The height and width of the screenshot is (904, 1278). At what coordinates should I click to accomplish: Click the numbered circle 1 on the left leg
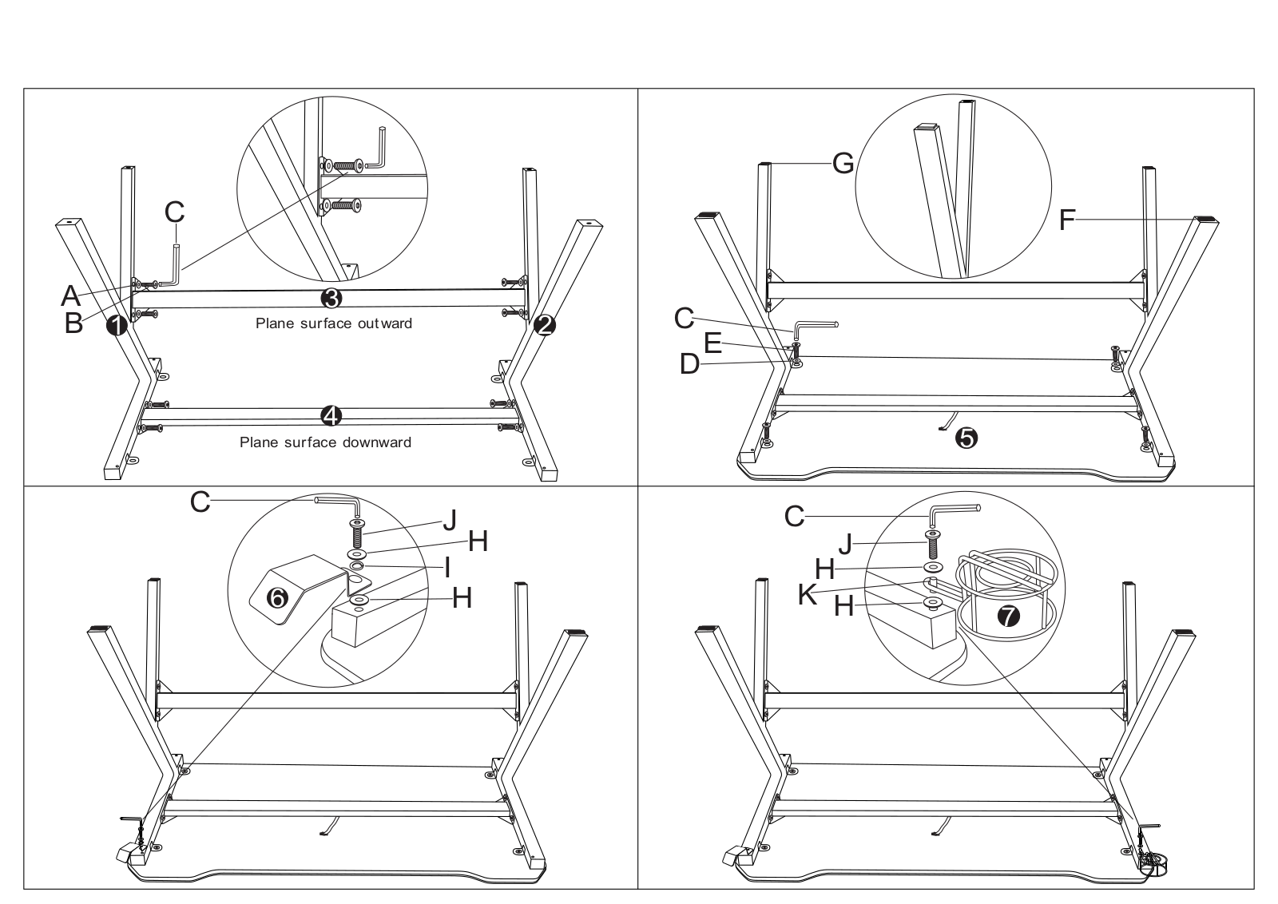117,326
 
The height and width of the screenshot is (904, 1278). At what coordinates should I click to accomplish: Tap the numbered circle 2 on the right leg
544,326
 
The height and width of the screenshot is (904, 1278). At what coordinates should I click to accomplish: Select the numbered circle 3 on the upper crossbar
331,298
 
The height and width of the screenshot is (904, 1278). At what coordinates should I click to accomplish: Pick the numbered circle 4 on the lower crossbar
331,416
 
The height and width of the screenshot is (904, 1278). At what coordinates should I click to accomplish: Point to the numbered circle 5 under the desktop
966,438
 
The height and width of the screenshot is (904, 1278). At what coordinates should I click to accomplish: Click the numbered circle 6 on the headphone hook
278,598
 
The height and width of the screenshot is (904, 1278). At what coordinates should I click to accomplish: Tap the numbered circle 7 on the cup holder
1008,616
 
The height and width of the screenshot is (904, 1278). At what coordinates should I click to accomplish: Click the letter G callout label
843,164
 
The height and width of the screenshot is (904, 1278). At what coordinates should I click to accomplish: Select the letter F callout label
1067,220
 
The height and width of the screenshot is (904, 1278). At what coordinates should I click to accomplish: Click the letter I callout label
447,568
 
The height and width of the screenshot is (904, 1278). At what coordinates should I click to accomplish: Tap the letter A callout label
71,295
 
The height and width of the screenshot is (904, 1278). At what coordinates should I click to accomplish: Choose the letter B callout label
73,323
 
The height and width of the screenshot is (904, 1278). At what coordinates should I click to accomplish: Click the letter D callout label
690,364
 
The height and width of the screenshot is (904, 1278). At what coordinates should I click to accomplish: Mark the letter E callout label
712,343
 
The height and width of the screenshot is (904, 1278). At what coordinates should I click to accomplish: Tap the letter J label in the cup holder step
846,544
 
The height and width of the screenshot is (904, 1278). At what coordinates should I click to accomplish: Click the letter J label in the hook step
450,520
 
